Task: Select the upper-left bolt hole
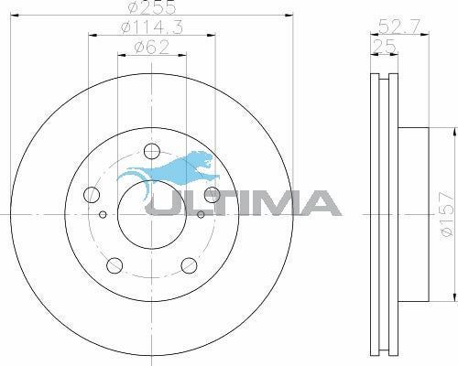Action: coord(91,194)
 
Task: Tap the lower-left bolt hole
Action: coord(114,264)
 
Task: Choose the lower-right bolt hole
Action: coord(189,264)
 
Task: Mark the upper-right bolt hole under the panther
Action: coord(212,193)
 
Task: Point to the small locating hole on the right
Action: coord(201,216)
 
